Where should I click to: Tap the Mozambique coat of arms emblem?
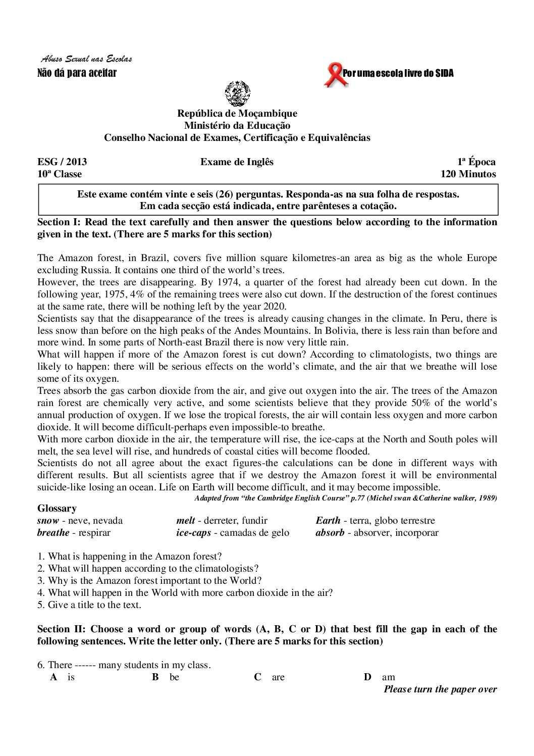tap(237, 94)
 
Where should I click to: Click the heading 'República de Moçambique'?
tap(237, 114)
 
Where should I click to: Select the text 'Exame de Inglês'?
tap(237, 162)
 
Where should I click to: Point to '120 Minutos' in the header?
tap(468, 175)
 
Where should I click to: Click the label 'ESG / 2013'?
tap(62, 162)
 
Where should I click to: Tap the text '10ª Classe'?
tap(60, 175)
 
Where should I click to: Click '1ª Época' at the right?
tap(476, 162)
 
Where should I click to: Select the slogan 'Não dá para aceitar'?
tap(77, 73)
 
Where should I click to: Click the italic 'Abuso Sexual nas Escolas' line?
tap(86, 60)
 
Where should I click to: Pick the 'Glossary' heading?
tap(57, 509)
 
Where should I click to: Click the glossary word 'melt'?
tap(186, 521)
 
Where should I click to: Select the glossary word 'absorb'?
tap(330, 533)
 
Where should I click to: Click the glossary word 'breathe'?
tap(53, 533)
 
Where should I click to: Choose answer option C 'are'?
tap(271, 678)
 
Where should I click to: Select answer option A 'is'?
tap(63, 678)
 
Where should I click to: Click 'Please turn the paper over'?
tap(440, 690)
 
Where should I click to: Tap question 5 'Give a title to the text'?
tap(89, 605)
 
